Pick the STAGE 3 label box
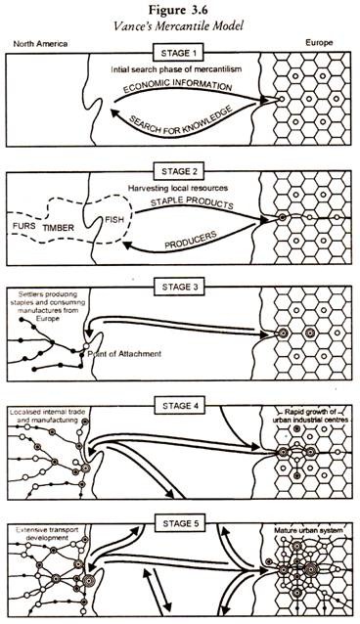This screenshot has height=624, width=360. pos(181,286)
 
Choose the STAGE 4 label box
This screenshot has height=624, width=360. pos(181,397)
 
